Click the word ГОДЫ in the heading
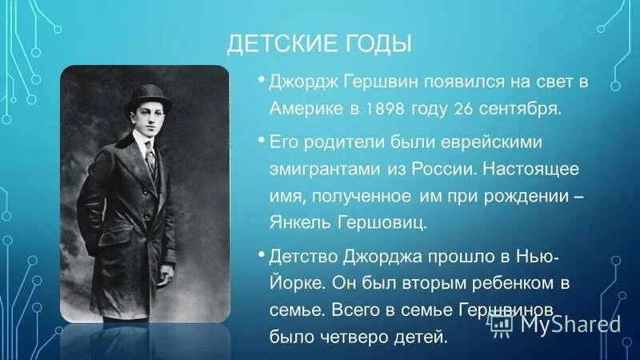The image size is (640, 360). (376, 44)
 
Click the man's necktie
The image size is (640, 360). (150, 158)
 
